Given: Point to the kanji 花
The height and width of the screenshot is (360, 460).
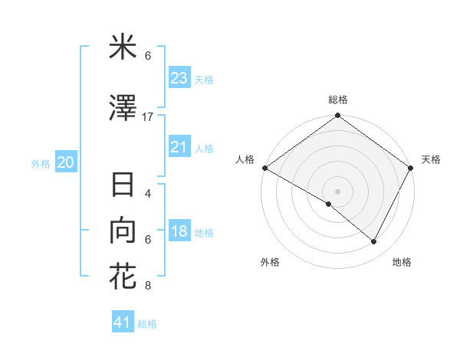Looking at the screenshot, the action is coord(123,276).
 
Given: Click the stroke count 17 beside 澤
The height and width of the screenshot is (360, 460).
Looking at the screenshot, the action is coord(148,117).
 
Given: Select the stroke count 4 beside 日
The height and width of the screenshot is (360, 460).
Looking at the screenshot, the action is coord(148,194).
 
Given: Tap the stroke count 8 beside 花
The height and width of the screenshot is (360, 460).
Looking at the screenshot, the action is coord(148,286).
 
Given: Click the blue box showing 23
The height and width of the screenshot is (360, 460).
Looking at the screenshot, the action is coord(179,77).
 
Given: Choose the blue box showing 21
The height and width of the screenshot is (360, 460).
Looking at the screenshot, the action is coord(179,147).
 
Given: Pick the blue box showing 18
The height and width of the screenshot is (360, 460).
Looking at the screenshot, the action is coord(179,231).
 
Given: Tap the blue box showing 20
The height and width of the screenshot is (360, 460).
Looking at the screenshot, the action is coord(65,162).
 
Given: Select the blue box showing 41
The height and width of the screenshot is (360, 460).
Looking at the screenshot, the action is coord(123,322).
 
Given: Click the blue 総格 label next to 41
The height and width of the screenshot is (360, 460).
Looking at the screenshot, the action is coord(147,324).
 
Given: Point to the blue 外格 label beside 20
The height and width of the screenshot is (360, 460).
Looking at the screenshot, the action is coord(41,164).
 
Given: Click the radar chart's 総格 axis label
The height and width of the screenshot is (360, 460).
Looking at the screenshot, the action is coord(337,100).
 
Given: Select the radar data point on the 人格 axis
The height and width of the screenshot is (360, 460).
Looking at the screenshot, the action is coord(264,168).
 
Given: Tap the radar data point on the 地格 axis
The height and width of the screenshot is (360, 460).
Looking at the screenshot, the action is coord(374,242).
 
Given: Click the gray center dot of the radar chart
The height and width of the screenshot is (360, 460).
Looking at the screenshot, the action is coord(337,191).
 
